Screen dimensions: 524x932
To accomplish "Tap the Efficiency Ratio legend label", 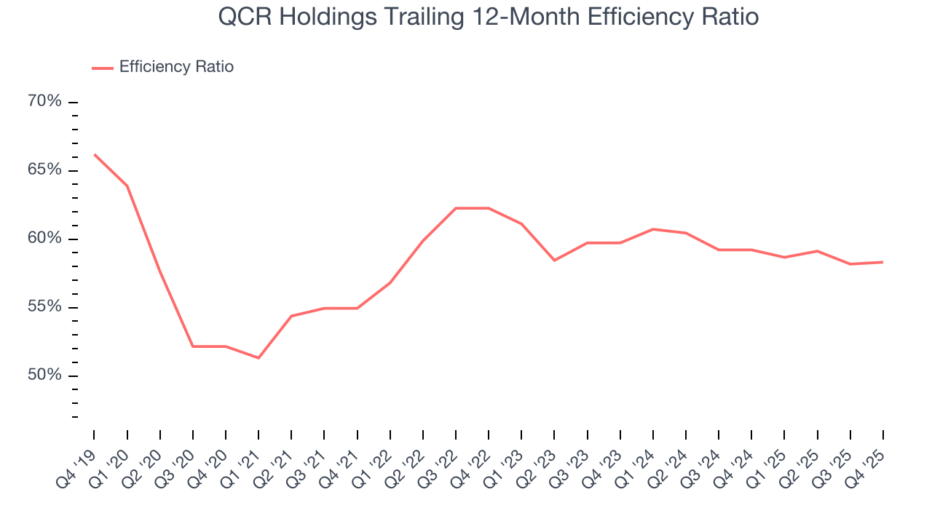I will click(x=176, y=67).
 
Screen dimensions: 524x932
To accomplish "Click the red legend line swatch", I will click(x=103, y=68).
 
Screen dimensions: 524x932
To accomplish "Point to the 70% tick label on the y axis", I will click(x=44, y=101).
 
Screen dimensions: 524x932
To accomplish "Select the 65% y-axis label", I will click(x=44, y=170).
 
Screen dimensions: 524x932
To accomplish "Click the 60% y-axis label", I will click(x=44, y=239).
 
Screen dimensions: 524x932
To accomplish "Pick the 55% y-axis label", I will click(x=44, y=307).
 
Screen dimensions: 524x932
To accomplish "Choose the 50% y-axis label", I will click(x=44, y=376).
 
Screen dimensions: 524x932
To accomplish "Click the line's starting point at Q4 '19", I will click(x=95, y=154).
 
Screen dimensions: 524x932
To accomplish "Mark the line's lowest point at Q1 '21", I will click(x=258, y=357).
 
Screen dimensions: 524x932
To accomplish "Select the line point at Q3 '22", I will click(x=456, y=208).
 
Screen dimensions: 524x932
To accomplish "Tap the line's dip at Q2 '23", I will click(x=554, y=260).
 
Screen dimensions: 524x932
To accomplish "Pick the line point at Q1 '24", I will click(x=653, y=229).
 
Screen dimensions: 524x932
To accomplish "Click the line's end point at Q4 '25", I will click(x=882, y=262).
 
